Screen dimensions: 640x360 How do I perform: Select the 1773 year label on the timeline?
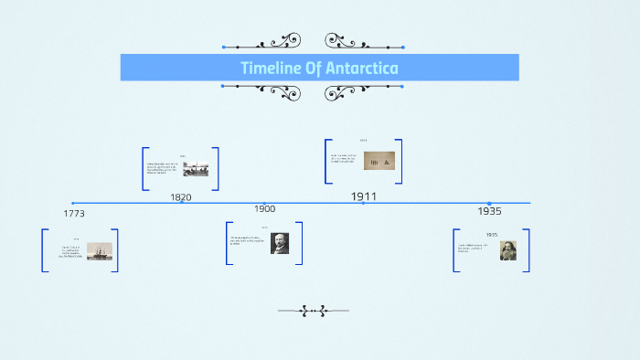tap(75, 213)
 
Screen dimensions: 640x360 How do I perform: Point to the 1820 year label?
tap(181, 197)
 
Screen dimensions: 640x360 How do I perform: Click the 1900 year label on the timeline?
tap(264, 209)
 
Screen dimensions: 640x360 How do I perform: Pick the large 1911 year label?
tap(364, 196)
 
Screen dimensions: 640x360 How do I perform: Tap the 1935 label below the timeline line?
tap(489, 211)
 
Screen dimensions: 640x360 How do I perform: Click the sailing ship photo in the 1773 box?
tap(100, 251)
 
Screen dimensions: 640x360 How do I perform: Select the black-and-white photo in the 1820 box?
tap(196, 170)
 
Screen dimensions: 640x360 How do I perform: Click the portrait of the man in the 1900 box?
tap(280, 243)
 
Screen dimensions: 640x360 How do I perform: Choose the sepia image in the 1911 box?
tap(379, 161)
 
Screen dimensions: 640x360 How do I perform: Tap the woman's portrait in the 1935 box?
tap(508, 250)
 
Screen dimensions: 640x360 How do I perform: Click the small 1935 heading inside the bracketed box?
tap(492, 235)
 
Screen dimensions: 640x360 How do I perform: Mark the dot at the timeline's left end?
tap(73, 203)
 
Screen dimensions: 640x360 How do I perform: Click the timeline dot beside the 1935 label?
tap(489, 203)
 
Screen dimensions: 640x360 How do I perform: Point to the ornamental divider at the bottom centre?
tap(315, 311)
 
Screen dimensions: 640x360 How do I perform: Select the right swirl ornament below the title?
tap(353, 91)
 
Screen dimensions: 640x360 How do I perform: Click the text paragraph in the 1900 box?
tap(249, 241)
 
